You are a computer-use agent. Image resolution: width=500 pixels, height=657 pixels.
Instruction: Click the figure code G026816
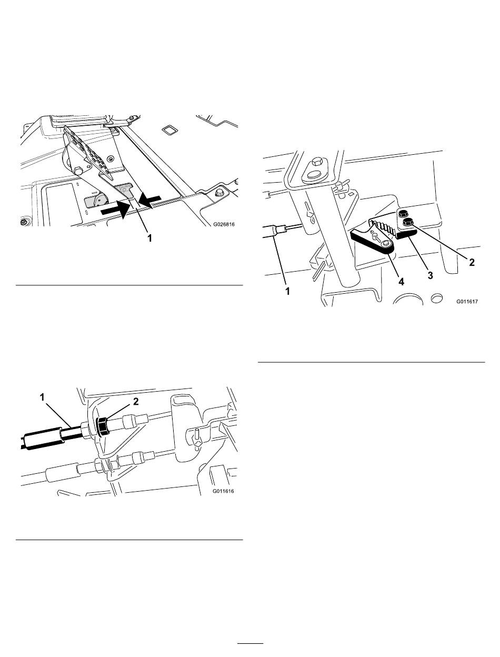point(224,224)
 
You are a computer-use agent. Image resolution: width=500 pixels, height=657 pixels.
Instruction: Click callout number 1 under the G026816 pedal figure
point(149,238)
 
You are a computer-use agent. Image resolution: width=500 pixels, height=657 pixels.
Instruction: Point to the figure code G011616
point(223,491)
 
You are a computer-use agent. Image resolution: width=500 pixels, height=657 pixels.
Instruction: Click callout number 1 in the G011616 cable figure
point(42,397)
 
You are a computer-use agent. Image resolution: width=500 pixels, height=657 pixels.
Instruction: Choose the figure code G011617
point(467,302)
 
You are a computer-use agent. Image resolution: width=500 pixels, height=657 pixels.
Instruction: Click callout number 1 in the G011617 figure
point(287,291)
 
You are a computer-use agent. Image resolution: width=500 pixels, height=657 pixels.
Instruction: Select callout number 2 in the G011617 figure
point(472,262)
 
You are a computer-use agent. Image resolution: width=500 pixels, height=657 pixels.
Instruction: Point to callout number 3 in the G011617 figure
point(430,275)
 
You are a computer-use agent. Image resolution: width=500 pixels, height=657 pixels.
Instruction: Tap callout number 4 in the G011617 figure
point(401,281)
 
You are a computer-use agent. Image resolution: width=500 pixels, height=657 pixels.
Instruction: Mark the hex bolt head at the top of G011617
point(316,163)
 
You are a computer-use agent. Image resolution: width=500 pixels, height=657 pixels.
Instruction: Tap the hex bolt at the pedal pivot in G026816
point(78,172)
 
